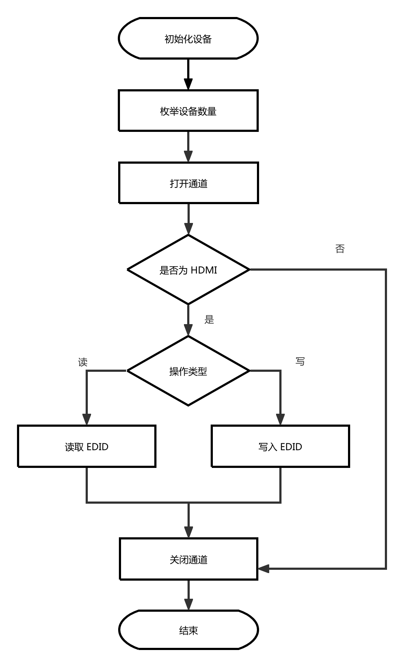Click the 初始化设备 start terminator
(188, 38)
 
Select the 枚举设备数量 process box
(188, 111)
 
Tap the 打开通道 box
(188, 183)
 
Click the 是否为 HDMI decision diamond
(188, 270)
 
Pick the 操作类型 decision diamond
(188, 371)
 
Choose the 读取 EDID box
(87, 447)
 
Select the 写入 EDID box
(280, 447)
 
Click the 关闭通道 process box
(188, 559)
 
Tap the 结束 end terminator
(188, 630)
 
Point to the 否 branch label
(340, 249)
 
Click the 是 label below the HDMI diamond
(209, 319)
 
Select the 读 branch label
(83, 362)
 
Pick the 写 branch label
(300, 361)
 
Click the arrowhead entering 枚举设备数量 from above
(188, 84)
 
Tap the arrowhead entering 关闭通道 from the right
(264, 568)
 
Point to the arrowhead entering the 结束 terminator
(188, 604)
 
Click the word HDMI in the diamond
(204, 270)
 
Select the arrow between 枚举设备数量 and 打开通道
(188, 146)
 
